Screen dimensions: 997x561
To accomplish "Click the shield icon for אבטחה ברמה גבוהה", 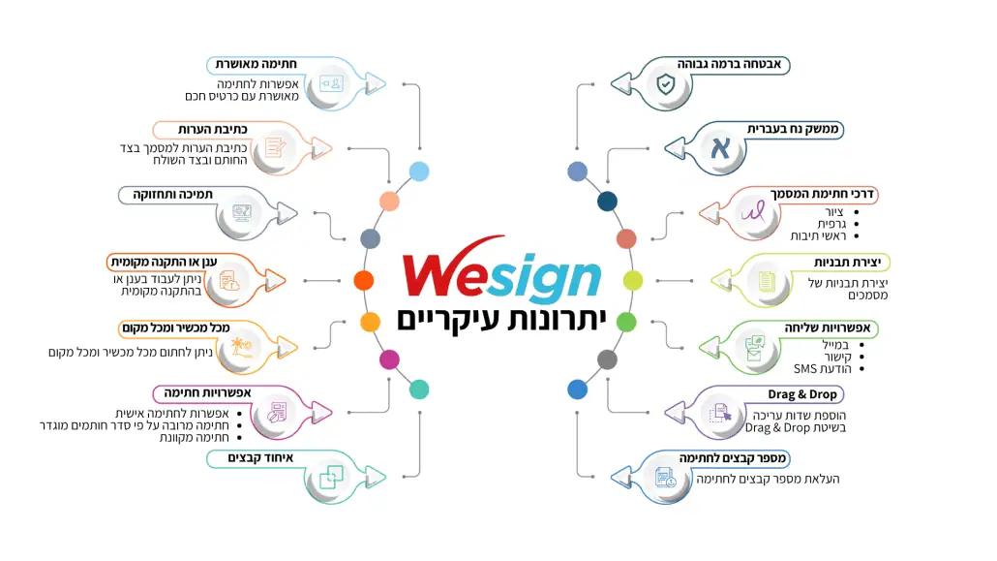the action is click(666, 84).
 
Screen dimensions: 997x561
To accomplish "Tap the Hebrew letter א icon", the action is click(720, 148).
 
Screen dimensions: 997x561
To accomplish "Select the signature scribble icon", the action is click(753, 212).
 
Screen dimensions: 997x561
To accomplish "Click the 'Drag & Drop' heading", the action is click(801, 394).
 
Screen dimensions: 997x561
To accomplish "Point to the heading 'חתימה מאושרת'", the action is click(256, 64).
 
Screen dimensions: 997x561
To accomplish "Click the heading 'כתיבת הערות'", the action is click(212, 129).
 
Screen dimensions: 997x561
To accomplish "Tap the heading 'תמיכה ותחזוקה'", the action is click(172, 194).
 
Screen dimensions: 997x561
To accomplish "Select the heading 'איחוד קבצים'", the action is click(260, 458).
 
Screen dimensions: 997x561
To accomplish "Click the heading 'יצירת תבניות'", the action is click(847, 263).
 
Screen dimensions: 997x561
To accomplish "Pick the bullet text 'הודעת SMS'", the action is click(822, 369).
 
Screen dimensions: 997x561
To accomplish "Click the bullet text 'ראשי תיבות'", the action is click(818, 236).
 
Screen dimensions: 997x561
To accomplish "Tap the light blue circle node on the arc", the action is click(419, 171).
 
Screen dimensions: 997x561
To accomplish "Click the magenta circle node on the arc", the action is click(389, 359).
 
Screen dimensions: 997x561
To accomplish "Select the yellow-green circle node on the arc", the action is click(633, 280).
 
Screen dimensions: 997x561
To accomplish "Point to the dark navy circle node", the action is click(607, 202).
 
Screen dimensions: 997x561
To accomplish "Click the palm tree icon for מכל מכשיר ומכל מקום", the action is click(242, 348).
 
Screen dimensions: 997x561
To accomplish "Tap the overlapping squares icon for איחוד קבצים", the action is click(331, 477).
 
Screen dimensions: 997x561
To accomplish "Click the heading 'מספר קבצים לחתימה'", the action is click(733, 458).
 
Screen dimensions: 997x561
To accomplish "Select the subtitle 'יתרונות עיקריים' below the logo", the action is click(501, 320).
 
